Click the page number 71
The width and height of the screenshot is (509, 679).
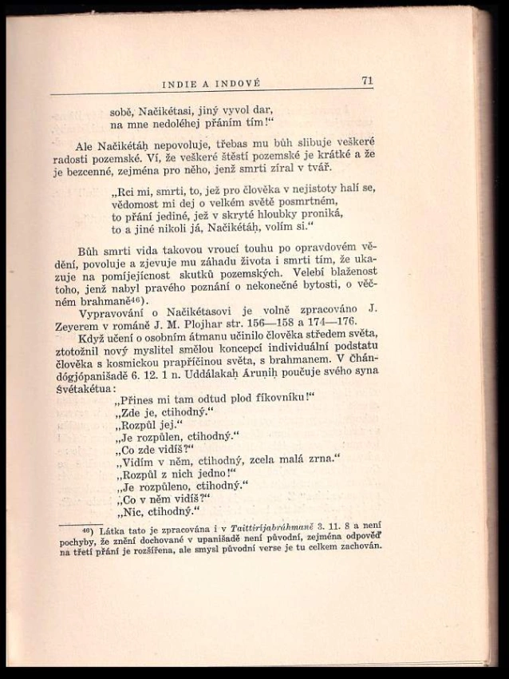[367, 80]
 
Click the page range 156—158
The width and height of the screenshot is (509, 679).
[298, 319]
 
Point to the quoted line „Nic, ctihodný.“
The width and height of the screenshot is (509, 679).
[156, 512]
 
